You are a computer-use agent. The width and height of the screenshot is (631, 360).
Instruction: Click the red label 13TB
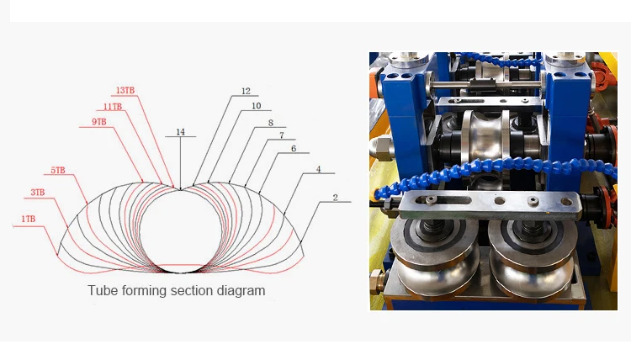[125, 91]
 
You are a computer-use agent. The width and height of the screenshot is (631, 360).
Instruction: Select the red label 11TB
[112, 107]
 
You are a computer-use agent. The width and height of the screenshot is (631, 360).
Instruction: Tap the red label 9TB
[99, 122]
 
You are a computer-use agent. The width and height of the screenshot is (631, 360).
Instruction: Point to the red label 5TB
[57, 171]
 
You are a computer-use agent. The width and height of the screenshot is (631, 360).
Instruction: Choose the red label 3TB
[37, 193]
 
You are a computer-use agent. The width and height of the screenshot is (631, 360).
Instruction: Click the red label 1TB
[28, 220]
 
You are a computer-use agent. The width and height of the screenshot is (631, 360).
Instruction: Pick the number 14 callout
[180, 132]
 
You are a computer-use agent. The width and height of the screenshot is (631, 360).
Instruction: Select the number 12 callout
[246, 92]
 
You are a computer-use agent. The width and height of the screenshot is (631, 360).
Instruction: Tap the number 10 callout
[257, 106]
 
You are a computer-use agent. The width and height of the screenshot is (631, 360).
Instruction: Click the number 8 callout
[271, 123]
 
